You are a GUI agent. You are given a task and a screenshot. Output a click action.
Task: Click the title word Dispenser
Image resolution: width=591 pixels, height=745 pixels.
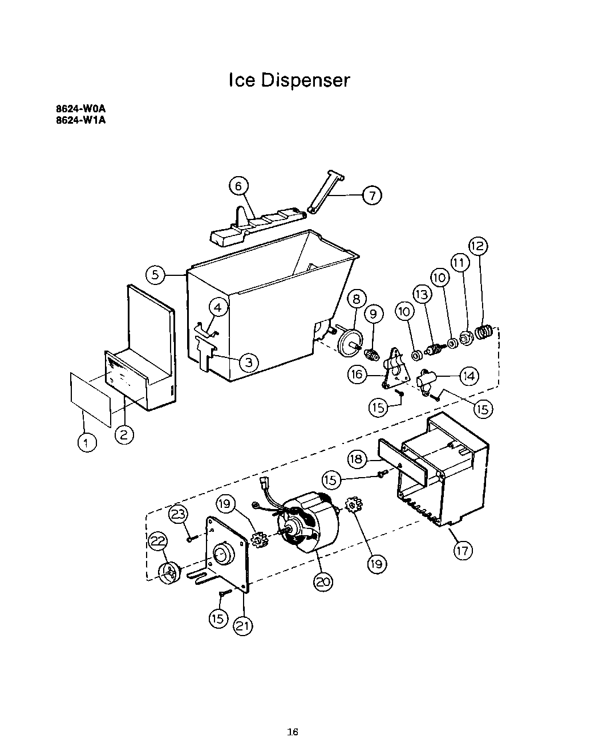point(305,80)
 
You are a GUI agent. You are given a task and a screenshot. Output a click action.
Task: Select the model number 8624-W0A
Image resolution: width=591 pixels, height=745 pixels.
point(81,109)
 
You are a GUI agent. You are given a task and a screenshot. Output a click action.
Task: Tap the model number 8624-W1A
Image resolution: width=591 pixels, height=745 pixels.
point(81,120)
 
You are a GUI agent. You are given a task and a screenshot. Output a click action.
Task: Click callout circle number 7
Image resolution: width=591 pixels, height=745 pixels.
point(371,196)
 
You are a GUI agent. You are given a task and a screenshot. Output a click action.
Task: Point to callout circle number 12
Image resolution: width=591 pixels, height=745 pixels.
point(478,246)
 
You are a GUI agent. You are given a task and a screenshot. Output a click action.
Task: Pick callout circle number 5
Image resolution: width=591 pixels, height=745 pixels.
point(156,275)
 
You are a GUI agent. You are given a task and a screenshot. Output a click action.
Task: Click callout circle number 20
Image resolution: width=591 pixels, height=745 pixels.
point(323,581)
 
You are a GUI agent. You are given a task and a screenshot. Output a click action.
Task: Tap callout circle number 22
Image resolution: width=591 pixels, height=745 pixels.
point(159,541)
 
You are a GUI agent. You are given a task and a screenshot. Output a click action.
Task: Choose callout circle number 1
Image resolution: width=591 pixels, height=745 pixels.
point(87,443)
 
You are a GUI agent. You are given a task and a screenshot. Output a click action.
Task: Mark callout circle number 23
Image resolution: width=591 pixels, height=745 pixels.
point(179,514)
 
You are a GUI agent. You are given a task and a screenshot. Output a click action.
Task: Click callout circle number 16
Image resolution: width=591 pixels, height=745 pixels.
point(358,374)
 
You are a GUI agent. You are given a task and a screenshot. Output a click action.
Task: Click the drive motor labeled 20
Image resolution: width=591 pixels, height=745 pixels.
point(308,522)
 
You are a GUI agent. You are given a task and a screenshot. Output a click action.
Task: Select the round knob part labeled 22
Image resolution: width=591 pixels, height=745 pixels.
point(168,573)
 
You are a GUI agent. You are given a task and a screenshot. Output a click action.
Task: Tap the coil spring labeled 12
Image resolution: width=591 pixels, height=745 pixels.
point(484,331)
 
